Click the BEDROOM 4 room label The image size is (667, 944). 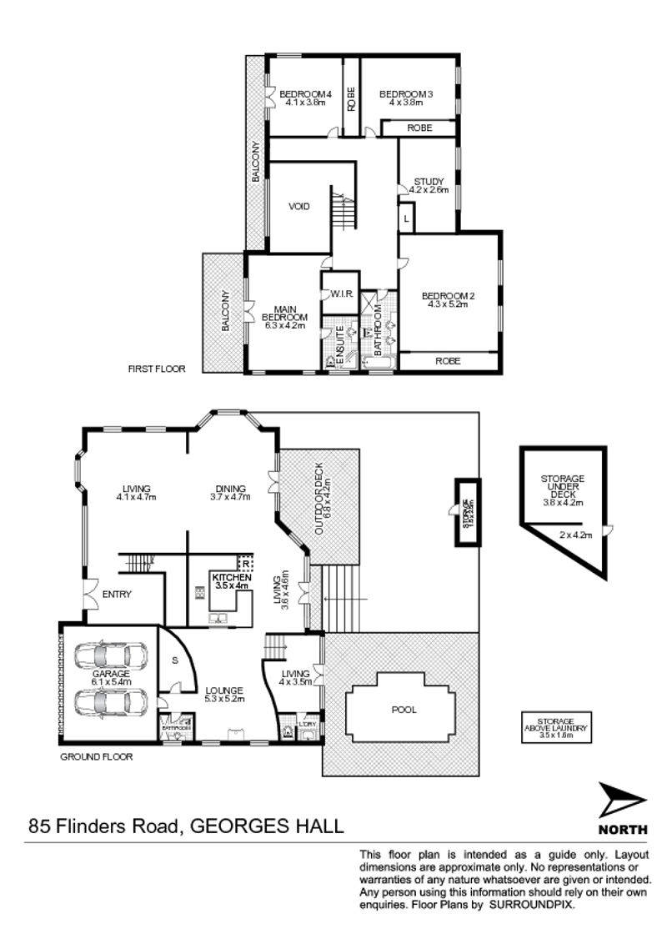[x=305, y=94]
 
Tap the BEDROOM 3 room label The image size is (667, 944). [x=406, y=94]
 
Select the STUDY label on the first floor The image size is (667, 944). [x=429, y=181]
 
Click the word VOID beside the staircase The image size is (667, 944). [x=299, y=206]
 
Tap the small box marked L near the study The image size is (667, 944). [x=406, y=218]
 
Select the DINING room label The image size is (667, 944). [x=229, y=489]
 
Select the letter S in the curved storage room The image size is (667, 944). [x=174, y=660]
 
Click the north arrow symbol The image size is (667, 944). [x=622, y=802]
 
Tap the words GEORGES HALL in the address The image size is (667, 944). [x=267, y=827]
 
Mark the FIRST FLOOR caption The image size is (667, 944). [x=156, y=368]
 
